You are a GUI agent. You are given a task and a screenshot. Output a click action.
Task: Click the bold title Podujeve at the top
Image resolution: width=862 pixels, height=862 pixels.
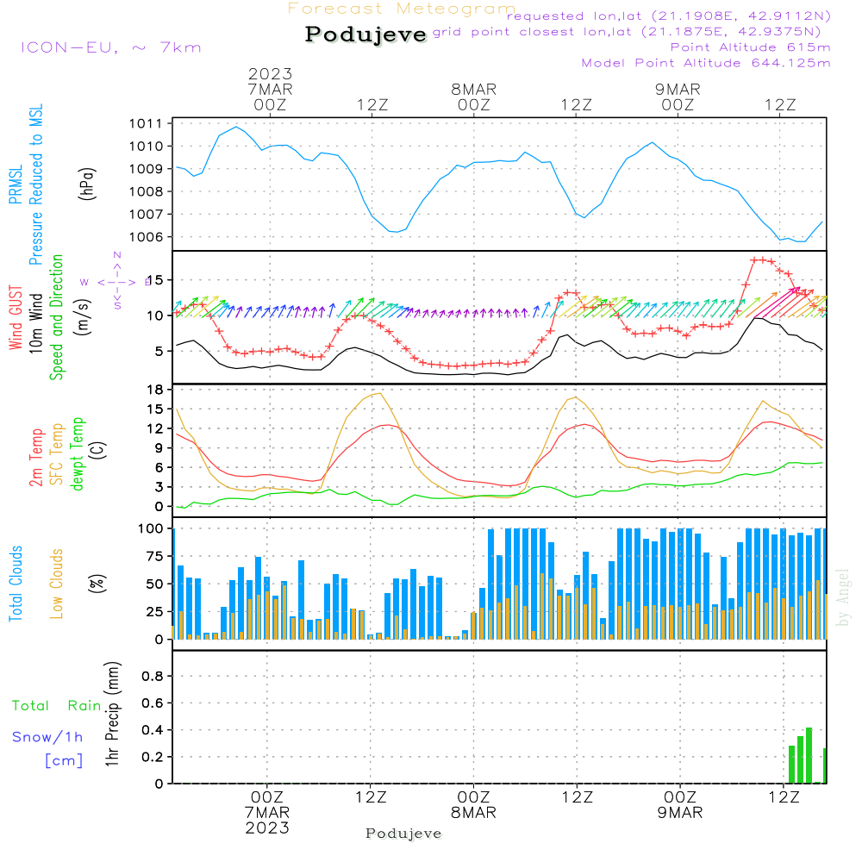[x=366, y=34]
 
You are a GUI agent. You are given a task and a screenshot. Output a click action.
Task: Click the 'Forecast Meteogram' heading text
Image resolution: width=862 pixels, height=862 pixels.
[x=402, y=9]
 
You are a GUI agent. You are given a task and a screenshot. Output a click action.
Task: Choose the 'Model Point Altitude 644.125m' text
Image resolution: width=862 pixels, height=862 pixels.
[x=706, y=63]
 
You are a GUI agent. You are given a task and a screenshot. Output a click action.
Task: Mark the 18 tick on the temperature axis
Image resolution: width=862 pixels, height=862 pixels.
[x=156, y=390]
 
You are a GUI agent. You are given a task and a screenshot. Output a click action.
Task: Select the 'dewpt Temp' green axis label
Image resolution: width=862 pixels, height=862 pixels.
[x=78, y=454]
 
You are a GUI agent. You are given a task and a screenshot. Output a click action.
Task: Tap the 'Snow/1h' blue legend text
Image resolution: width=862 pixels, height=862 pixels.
[x=47, y=738]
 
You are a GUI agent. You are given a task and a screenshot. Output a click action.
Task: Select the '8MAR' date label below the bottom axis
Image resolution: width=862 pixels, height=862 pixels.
[x=473, y=813]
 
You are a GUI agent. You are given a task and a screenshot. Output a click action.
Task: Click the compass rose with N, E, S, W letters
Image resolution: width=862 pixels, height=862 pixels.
[x=116, y=281]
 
